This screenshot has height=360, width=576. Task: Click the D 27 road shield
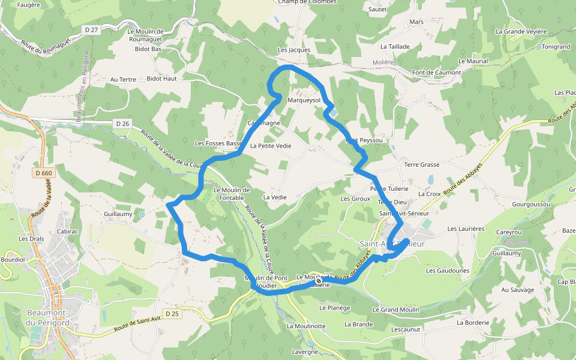pos(91,29)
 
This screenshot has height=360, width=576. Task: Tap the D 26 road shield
pos(122,124)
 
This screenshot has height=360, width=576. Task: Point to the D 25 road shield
pos(172,313)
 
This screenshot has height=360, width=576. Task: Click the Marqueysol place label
pos(304,100)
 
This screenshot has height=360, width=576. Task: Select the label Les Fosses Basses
pos(218,143)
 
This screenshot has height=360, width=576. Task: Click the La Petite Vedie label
pos(271,146)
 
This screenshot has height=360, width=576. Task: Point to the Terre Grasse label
pos(422,164)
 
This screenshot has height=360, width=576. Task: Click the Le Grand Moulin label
pos(396,310)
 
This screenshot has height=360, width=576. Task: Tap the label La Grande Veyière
pos(521,31)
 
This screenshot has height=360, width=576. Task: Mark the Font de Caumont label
pos(436,73)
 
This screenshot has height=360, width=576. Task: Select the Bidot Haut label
pos(161,79)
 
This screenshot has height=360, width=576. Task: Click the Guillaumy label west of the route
pos(118,214)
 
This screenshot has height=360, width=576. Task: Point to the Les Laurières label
pos(466,229)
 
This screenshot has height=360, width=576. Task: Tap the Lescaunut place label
pos(406,329)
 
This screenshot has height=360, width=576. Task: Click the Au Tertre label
pos(123,79)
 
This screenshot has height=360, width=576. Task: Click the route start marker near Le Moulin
pos(318,281)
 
